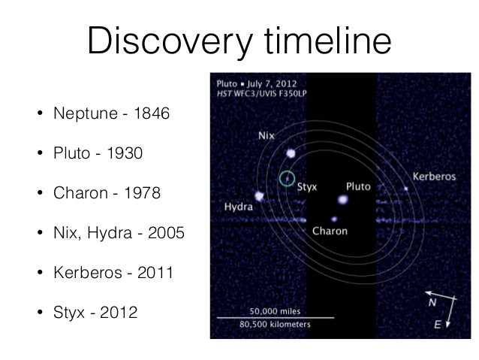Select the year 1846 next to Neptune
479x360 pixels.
(x=152, y=114)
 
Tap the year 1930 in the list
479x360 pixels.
(x=122, y=153)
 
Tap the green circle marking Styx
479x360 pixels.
(x=285, y=178)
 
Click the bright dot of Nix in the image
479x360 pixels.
(x=291, y=153)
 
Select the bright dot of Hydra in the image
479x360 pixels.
(x=260, y=196)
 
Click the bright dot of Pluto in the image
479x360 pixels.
(x=343, y=200)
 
